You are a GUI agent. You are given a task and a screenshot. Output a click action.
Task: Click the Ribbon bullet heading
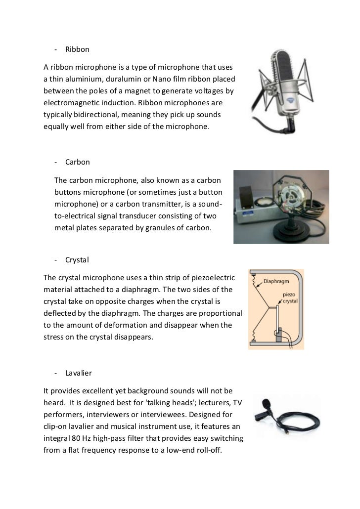77,50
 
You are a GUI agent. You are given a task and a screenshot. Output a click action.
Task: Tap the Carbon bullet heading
77,162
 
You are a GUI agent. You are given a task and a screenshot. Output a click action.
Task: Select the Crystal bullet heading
76,260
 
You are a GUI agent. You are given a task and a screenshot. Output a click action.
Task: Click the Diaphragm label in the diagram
277,282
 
